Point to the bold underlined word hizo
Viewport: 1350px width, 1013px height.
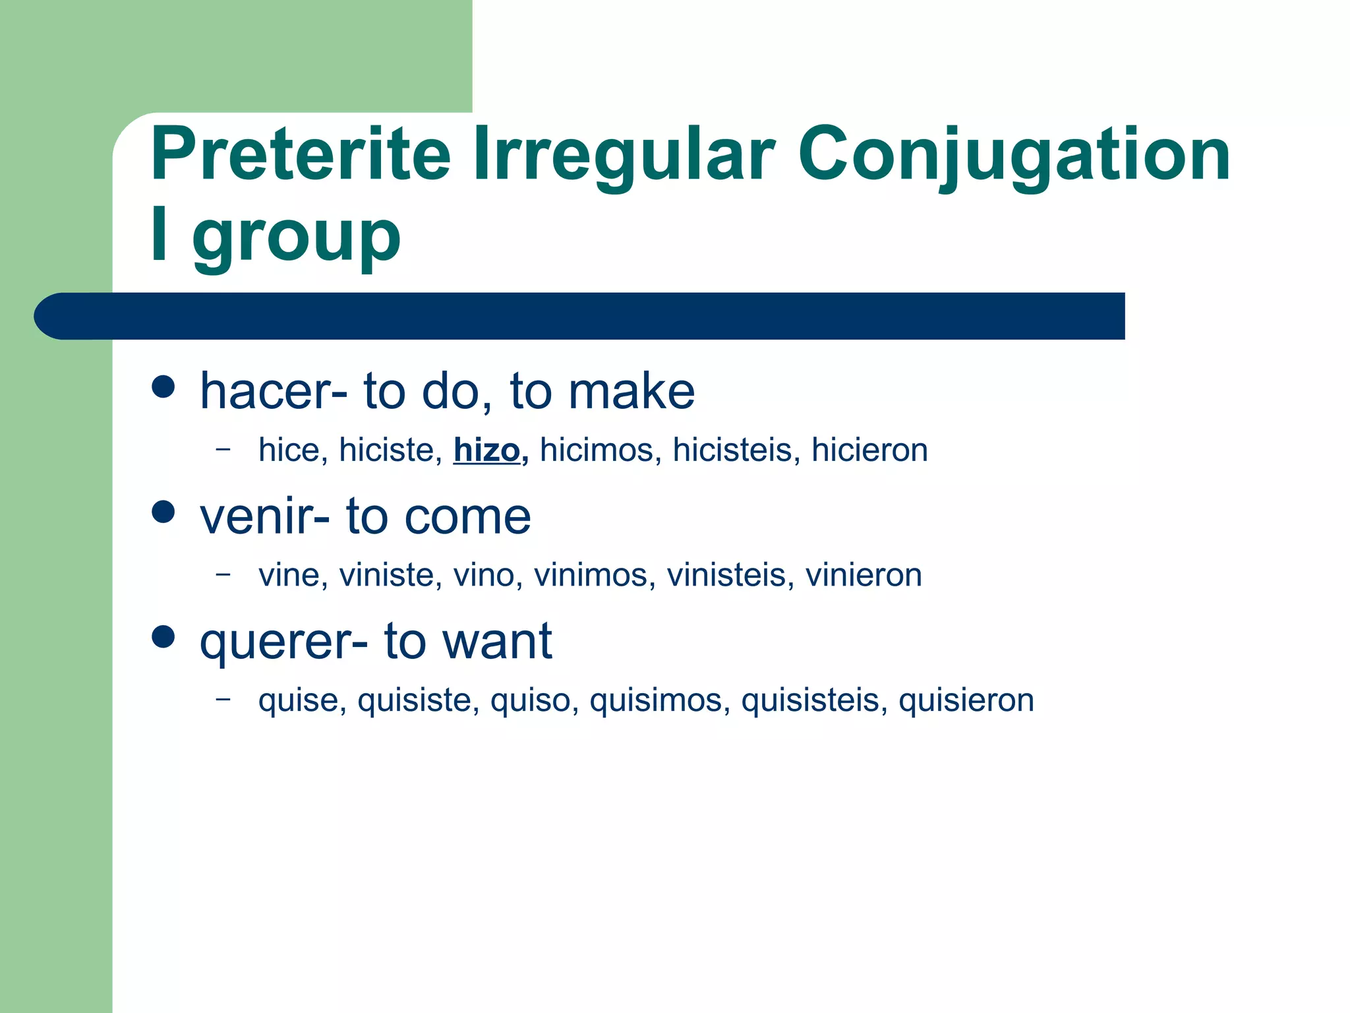coord(486,450)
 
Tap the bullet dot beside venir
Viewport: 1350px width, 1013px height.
coord(163,511)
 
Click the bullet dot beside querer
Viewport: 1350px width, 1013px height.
coord(163,636)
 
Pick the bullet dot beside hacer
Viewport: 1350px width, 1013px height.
coord(163,386)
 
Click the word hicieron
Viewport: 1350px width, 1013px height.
coord(869,450)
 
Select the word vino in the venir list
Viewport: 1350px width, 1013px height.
coord(484,575)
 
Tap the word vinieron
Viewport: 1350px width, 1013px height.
coord(863,575)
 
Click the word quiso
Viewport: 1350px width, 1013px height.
coord(530,700)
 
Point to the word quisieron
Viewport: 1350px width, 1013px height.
coord(966,700)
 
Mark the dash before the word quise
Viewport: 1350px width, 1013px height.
coord(223,698)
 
